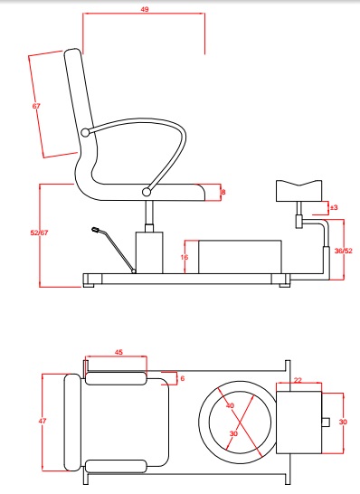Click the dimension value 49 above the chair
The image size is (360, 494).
point(144,9)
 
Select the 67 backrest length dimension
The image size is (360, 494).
point(36,106)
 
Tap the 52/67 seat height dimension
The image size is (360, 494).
point(39,233)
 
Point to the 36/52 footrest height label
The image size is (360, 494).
point(344,251)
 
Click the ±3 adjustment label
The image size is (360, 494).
point(334,207)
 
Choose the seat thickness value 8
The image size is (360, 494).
point(223,192)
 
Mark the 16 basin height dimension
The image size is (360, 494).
point(185,257)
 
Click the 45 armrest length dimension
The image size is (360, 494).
point(118,352)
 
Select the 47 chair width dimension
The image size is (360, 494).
point(43,421)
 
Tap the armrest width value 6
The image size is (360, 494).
point(182,378)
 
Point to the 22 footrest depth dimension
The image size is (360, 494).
point(298,380)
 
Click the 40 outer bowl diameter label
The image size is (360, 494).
point(231,405)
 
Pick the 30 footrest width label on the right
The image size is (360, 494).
point(343,422)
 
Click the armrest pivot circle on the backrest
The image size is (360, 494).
point(85,133)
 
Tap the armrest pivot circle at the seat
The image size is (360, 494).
point(147,192)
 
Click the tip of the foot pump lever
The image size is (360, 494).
point(94,230)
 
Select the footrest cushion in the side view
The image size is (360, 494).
point(298,191)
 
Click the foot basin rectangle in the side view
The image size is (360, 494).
point(240,257)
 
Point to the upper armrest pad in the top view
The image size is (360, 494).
point(116,378)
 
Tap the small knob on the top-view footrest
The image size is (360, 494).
point(326,422)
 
